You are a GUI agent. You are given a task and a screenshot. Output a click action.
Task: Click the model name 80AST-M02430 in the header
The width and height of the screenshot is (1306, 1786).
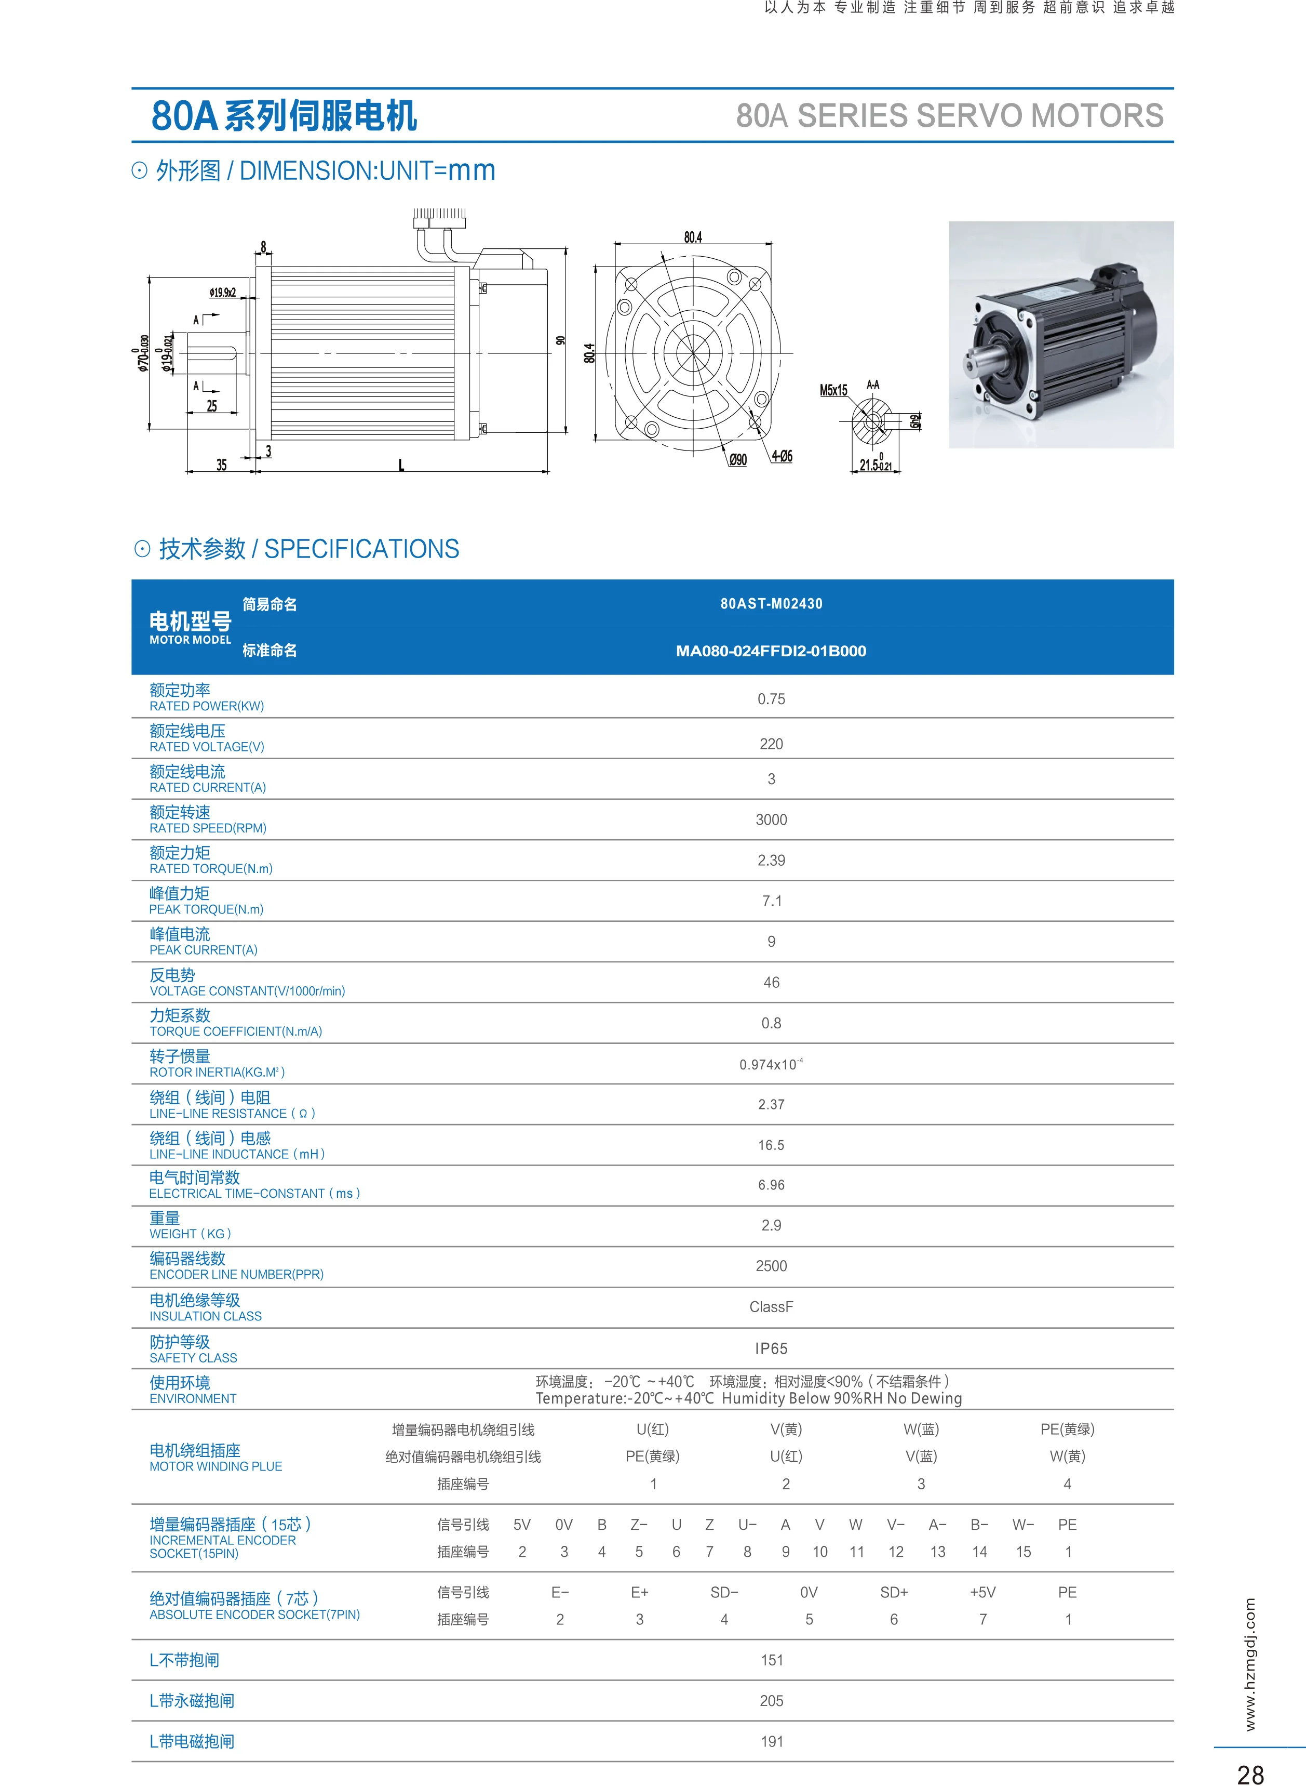[771, 603]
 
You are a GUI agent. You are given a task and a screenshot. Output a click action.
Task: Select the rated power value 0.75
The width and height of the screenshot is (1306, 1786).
[771, 699]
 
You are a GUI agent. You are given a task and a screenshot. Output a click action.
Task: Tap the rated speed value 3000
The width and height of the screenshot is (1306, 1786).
[771, 820]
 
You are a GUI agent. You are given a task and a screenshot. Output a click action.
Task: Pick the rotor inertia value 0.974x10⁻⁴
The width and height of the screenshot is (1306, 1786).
[771, 1064]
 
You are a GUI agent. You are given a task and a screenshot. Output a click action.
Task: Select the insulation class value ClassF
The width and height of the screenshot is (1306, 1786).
[771, 1307]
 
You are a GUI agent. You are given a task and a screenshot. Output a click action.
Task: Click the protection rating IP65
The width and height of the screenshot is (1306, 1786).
[771, 1348]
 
